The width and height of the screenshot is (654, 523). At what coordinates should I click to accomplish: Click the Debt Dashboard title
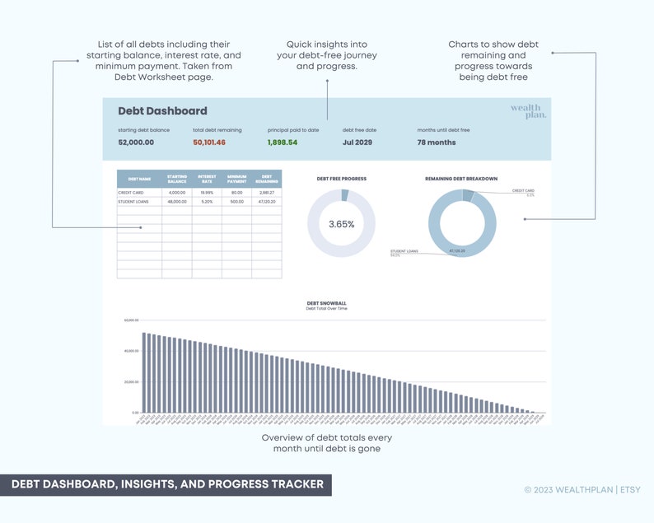162,111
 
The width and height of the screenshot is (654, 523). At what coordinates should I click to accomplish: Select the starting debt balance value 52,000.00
136,142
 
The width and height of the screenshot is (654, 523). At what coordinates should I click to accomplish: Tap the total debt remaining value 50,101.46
209,142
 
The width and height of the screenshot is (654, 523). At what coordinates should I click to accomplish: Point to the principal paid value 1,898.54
282,142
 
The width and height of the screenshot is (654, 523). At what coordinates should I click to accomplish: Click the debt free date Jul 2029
357,142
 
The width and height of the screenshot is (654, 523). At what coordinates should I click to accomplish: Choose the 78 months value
437,142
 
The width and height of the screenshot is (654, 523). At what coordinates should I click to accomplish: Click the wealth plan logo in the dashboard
527,111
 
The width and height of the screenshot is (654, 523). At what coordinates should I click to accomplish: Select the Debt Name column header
139,179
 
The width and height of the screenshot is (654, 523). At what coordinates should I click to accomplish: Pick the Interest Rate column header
207,179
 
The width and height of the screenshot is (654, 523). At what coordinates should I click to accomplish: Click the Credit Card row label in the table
131,193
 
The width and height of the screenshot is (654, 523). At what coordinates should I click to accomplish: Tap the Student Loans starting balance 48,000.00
177,201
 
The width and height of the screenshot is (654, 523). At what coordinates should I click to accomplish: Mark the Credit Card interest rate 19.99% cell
207,193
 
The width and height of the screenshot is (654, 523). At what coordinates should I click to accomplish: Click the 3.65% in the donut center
341,224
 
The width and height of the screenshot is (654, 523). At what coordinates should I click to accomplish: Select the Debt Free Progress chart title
342,179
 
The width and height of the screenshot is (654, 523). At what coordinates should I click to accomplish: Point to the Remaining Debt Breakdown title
461,179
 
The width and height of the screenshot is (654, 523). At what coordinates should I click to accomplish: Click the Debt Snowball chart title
327,303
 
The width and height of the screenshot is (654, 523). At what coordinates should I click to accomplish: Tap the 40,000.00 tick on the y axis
131,351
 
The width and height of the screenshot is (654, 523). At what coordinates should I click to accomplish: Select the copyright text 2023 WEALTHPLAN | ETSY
582,489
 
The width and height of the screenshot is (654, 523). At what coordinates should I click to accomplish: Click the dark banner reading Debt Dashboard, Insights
166,484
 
